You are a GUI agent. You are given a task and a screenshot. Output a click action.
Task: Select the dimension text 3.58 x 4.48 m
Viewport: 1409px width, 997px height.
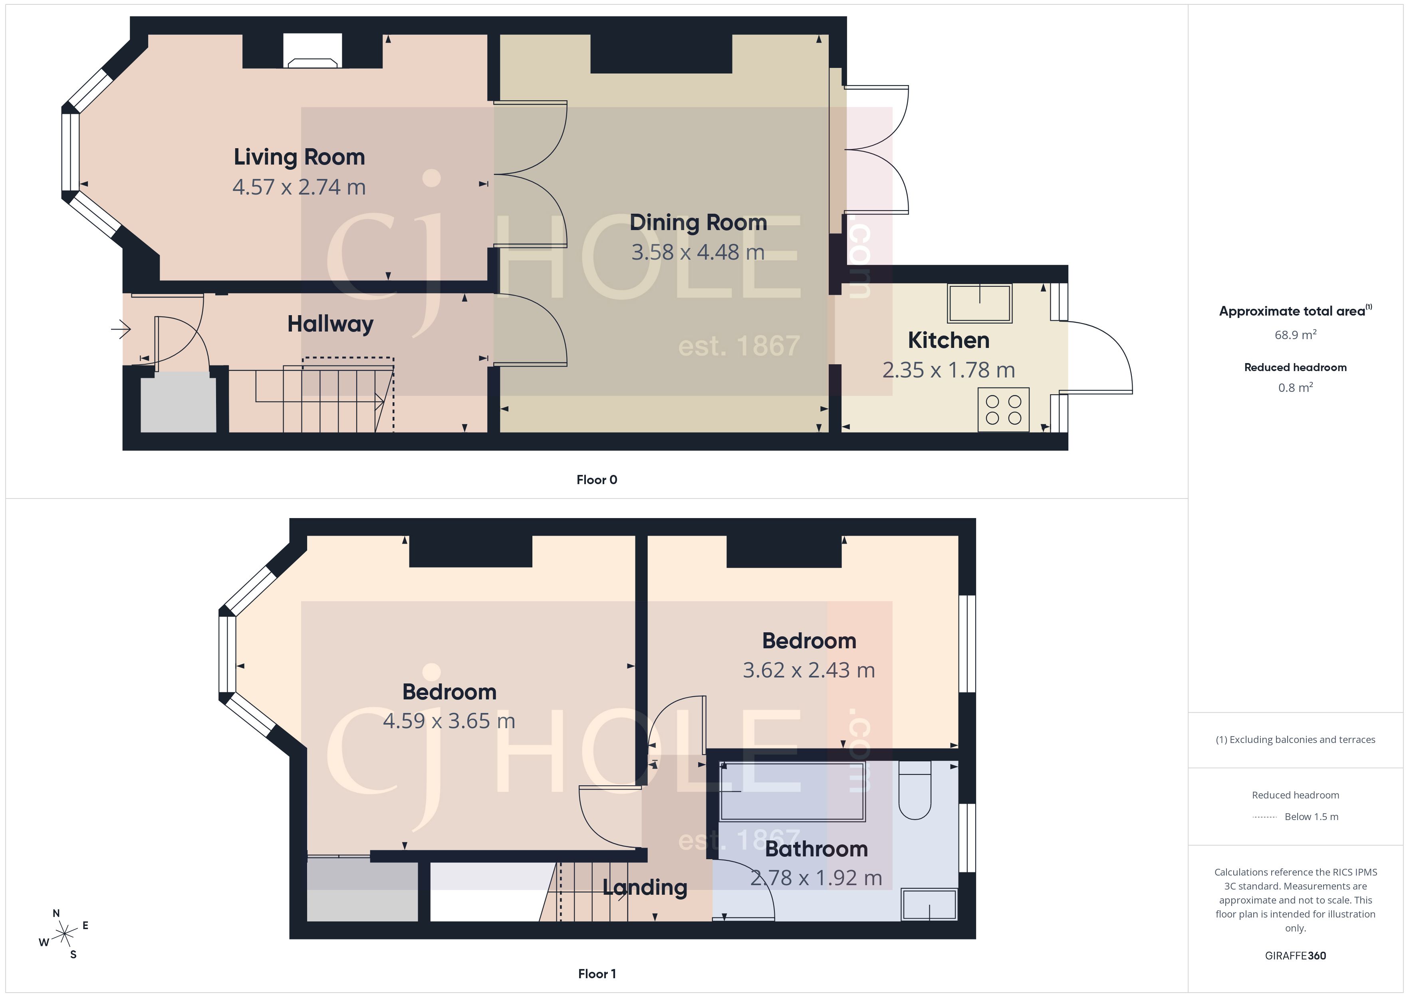click(x=698, y=252)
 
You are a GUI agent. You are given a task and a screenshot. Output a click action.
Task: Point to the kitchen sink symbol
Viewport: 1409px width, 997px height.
click(x=979, y=303)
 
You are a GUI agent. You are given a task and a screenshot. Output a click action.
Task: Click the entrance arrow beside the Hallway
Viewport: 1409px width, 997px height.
click(x=121, y=330)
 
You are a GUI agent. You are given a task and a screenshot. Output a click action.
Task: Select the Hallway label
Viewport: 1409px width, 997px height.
click(x=330, y=324)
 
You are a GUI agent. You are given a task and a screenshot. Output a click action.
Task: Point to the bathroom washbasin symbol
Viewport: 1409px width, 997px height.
click(x=929, y=905)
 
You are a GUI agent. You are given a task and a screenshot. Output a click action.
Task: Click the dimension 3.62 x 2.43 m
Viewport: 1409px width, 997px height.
click(x=809, y=670)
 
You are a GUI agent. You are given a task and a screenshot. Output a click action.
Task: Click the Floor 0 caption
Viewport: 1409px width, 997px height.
click(x=597, y=480)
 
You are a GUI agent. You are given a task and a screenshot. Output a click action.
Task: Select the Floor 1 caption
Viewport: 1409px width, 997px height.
click(x=597, y=974)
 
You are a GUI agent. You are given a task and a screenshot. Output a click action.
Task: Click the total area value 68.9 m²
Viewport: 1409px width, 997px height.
click(x=1295, y=335)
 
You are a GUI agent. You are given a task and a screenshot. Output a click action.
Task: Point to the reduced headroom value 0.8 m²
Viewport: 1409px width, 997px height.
click(x=1295, y=387)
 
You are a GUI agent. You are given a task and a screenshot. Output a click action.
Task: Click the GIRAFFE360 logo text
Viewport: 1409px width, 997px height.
click(x=1295, y=956)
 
